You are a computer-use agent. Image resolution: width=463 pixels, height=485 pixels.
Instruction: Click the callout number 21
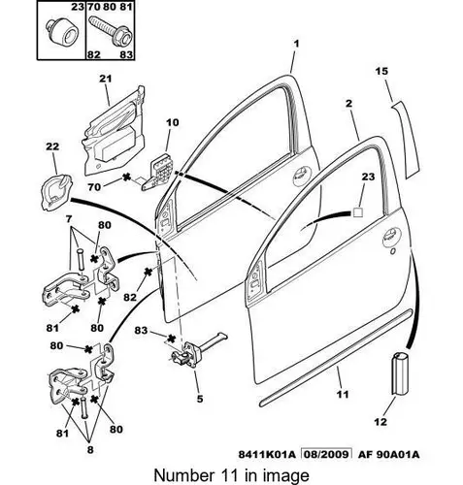point(105,79)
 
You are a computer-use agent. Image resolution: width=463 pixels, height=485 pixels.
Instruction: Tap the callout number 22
point(52,146)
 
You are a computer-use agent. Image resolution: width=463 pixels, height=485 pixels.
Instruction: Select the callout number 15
point(381,71)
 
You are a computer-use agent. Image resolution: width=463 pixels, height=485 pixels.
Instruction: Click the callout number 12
point(380,422)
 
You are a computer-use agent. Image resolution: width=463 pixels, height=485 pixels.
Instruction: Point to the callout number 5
point(200,399)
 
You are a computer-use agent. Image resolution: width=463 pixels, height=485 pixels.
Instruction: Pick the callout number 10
point(173,122)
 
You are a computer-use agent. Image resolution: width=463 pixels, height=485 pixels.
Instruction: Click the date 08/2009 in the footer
point(326,454)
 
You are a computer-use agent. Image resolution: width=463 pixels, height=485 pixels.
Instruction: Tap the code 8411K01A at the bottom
point(267,454)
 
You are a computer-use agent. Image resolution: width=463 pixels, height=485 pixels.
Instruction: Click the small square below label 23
point(357,212)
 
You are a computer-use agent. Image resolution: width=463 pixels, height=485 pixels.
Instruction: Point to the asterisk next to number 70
point(126,177)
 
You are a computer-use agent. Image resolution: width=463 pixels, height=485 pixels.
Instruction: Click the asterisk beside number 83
point(171,339)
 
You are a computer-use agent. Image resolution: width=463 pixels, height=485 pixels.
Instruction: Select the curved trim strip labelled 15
point(407,140)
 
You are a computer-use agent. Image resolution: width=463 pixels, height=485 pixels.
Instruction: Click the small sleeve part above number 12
point(400,373)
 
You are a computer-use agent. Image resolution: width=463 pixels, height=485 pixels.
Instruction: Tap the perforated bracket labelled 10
point(158,173)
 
